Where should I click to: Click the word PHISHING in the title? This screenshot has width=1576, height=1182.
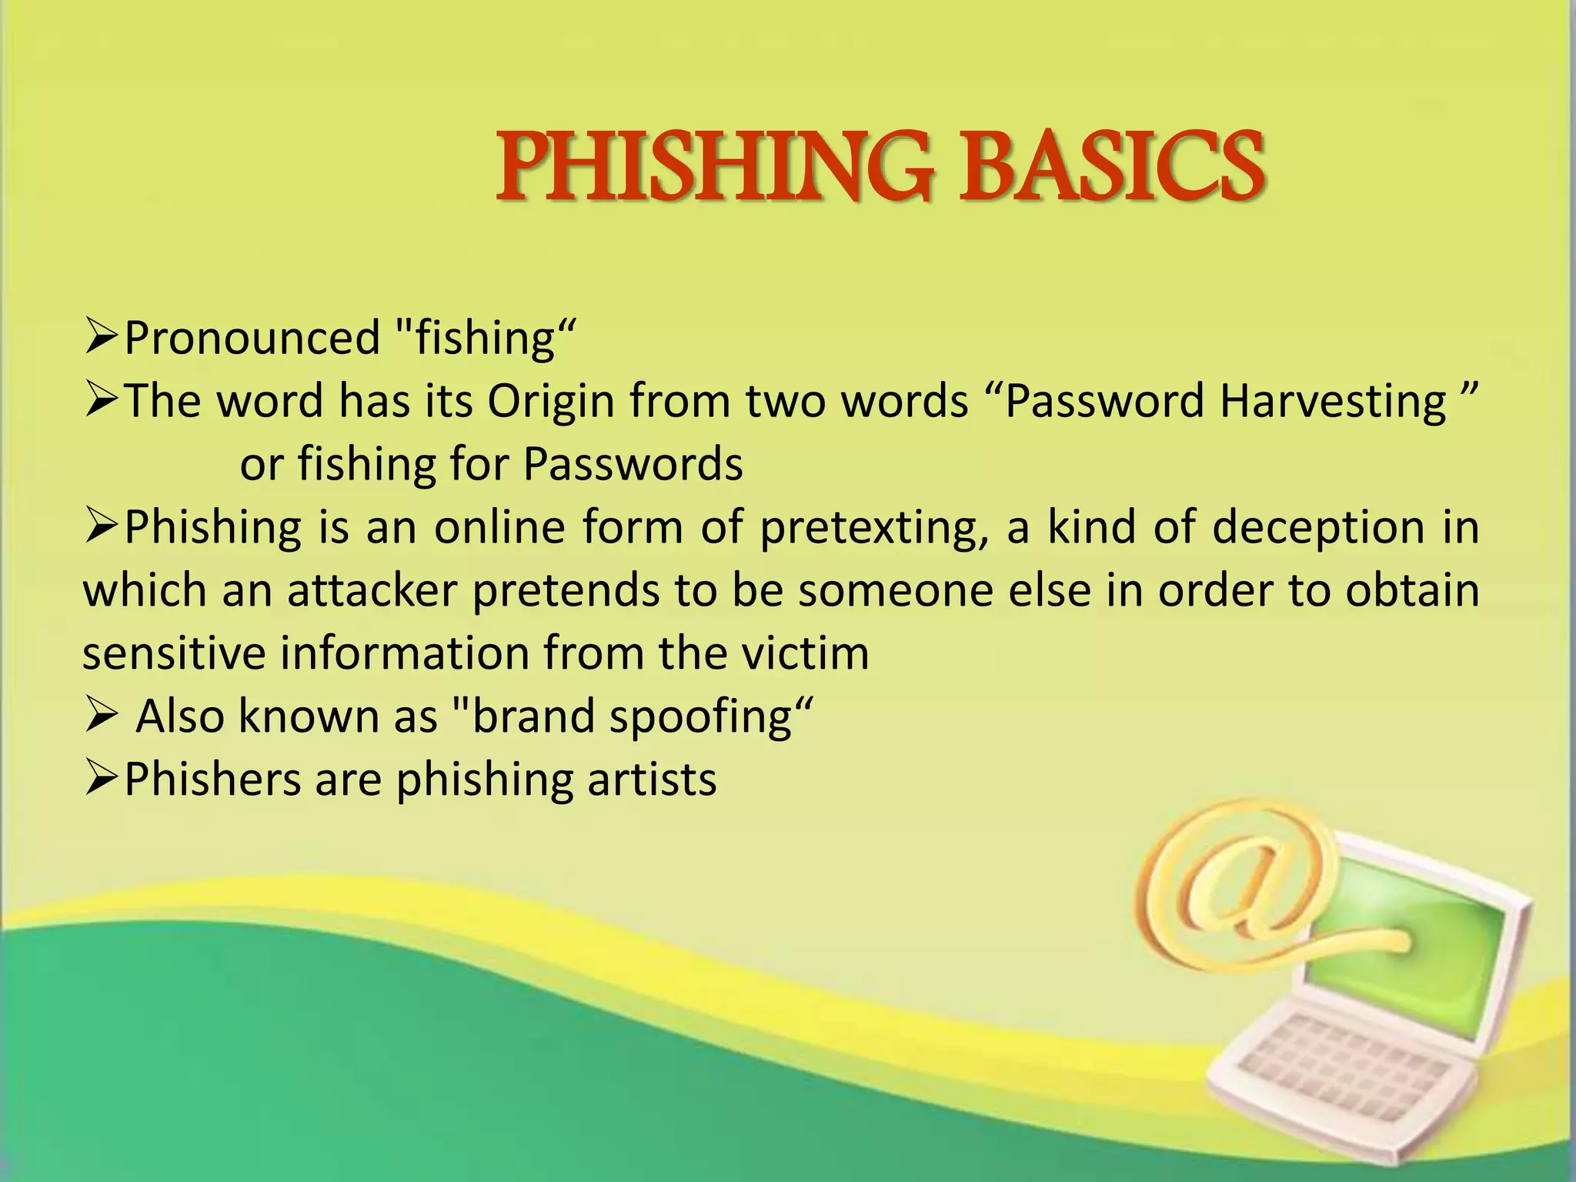[x=713, y=167]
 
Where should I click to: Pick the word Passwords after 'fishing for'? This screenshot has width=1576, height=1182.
[x=633, y=464]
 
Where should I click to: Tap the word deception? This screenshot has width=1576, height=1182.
[x=1320, y=527]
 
